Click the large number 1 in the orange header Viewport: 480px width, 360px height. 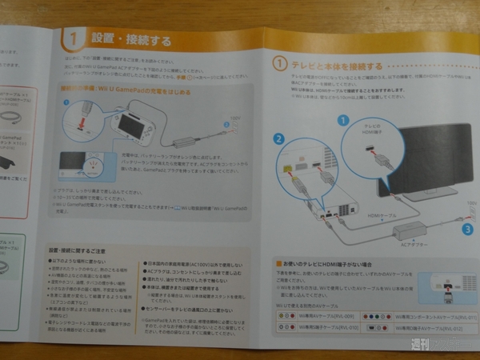[x=74, y=38]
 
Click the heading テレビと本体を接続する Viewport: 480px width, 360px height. [x=337, y=65]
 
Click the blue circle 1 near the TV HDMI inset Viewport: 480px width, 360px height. [x=343, y=119]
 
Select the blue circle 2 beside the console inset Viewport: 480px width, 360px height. [x=279, y=139]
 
